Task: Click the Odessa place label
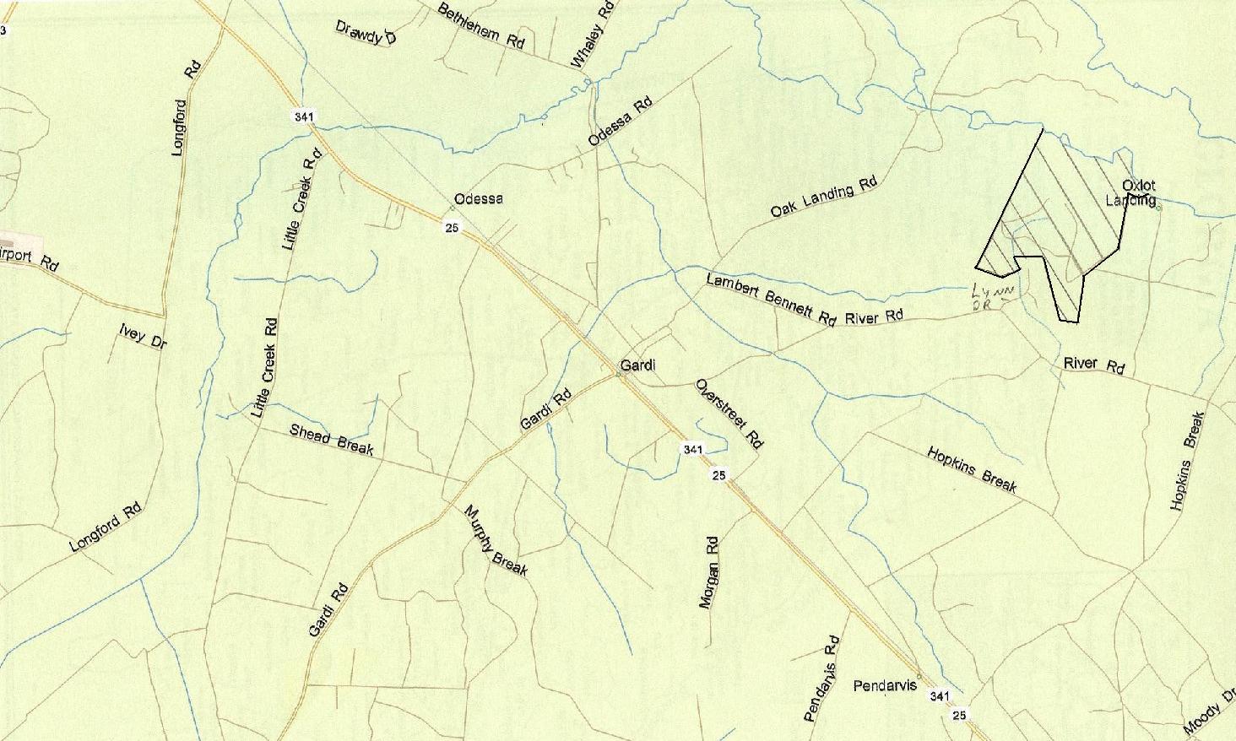tap(478, 199)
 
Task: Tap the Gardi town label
tap(637, 365)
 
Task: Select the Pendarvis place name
tap(885, 685)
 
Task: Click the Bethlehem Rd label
tap(481, 26)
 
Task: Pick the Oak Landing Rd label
tap(824, 197)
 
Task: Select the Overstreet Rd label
tap(729, 414)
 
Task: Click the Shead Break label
tap(331, 439)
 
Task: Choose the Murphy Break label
tap(496, 540)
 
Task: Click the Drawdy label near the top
tap(366, 32)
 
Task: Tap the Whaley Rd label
tap(592, 35)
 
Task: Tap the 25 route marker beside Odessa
tap(453, 228)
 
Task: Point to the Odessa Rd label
tap(621, 122)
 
